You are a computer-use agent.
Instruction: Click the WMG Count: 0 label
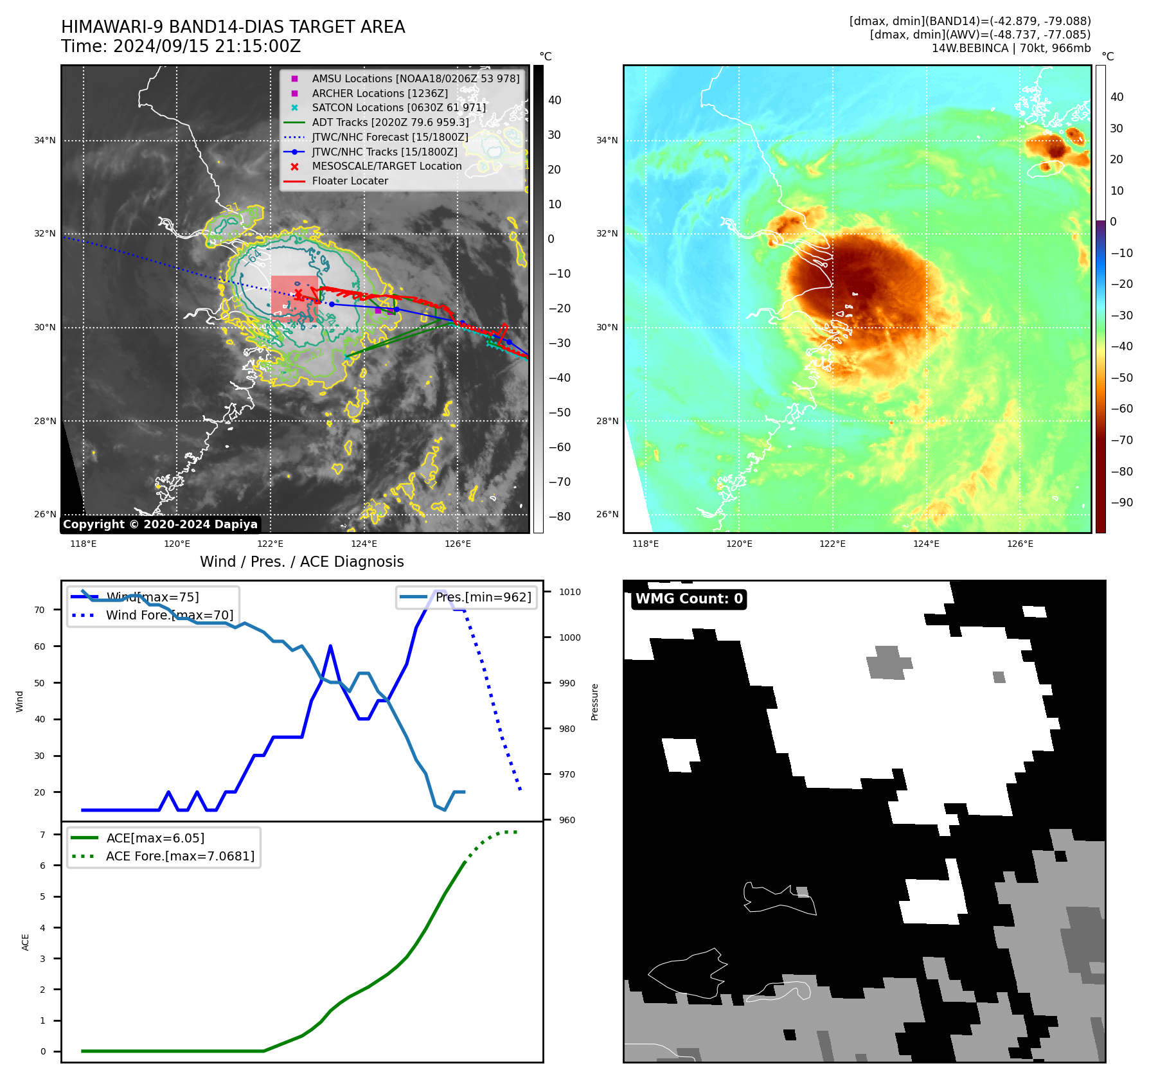[x=689, y=599]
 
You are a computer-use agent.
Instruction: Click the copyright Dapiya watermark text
[x=160, y=524]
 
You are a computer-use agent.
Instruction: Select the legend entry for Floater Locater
[x=350, y=181]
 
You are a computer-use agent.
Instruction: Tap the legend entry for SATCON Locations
[x=398, y=108]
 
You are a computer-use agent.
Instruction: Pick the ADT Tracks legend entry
[x=390, y=123]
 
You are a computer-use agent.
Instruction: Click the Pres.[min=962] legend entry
[x=483, y=598]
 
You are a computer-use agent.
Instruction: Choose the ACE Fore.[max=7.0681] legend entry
[x=180, y=857]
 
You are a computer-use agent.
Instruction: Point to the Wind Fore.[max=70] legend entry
[x=169, y=616]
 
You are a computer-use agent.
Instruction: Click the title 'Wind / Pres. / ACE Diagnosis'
[x=302, y=562]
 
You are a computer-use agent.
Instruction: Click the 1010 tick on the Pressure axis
[x=569, y=592]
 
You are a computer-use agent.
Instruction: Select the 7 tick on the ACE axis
[x=43, y=835]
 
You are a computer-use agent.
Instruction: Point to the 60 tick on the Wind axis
[x=40, y=646]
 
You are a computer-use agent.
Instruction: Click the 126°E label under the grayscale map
[x=458, y=544]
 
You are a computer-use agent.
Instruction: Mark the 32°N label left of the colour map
[x=607, y=234]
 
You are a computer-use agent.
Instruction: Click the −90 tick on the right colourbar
[x=1122, y=503]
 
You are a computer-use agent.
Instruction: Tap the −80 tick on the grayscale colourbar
[x=559, y=517]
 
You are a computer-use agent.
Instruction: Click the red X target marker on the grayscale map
[x=298, y=294]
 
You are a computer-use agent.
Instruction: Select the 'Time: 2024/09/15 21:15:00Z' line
[x=181, y=47]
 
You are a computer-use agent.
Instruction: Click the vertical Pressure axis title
[x=595, y=702]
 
